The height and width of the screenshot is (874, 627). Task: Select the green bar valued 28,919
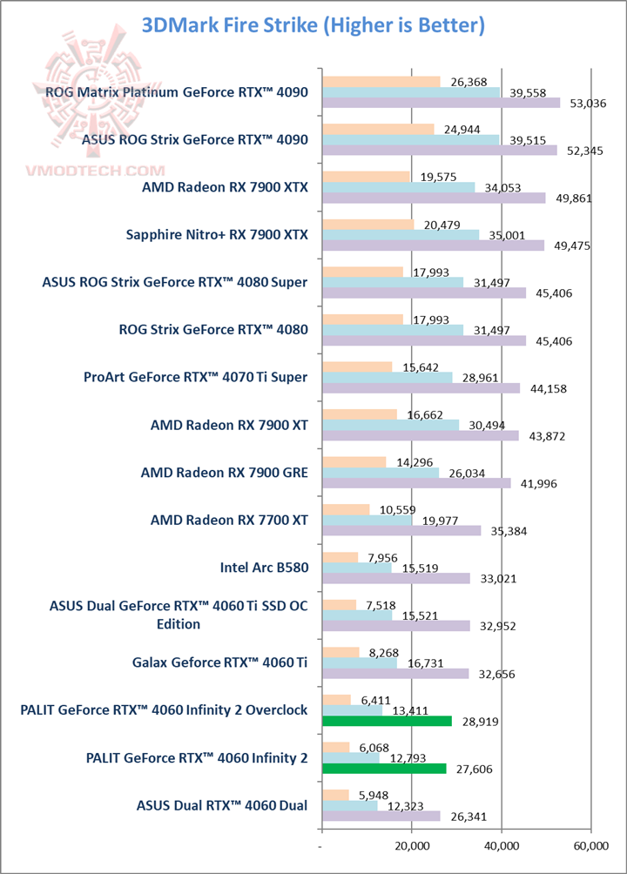pyautogui.click(x=387, y=721)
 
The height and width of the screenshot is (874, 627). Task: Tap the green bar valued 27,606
pyautogui.click(x=384, y=768)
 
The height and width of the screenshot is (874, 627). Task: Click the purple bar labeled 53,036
pyautogui.click(x=441, y=103)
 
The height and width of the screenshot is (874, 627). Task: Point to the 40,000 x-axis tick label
pyautogui.click(x=501, y=844)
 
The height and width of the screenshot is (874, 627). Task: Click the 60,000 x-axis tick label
pyautogui.click(x=590, y=844)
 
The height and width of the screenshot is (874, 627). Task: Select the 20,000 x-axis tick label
pyautogui.click(x=411, y=844)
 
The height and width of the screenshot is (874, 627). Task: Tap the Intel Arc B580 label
pyautogui.click(x=264, y=568)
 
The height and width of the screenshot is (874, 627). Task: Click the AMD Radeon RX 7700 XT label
pyautogui.click(x=229, y=521)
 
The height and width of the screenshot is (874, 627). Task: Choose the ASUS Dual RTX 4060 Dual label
pyautogui.click(x=221, y=804)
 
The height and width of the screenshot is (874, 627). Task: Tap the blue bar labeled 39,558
pyautogui.click(x=411, y=92)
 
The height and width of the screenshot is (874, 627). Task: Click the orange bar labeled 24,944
pyautogui.click(x=378, y=129)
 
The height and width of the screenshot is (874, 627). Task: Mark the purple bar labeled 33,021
pyautogui.click(x=396, y=578)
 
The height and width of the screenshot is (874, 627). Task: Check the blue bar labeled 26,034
pyautogui.click(x=381, y=473)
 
